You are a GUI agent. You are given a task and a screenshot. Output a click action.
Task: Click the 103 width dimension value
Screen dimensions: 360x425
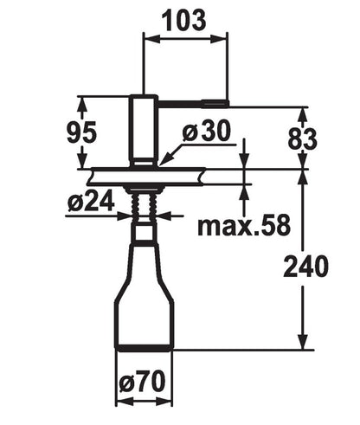tap(185, 20)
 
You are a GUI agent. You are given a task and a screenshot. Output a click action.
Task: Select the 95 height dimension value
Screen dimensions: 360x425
tap(81, 132)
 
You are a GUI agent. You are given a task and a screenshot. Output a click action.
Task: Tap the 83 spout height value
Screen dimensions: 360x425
tap(302, 139)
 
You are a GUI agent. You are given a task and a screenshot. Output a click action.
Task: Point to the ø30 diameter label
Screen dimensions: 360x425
tap(207, 131)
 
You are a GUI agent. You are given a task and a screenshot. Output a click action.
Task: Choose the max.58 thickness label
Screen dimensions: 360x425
tap(244, 225)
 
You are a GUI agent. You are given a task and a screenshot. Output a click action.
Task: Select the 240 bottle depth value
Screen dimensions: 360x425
tap(305, 267)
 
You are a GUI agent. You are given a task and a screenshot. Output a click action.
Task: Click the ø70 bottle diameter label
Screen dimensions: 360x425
tap(142, 382)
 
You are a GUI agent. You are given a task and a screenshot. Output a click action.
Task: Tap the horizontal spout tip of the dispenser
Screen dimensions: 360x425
tap(215, 104)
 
